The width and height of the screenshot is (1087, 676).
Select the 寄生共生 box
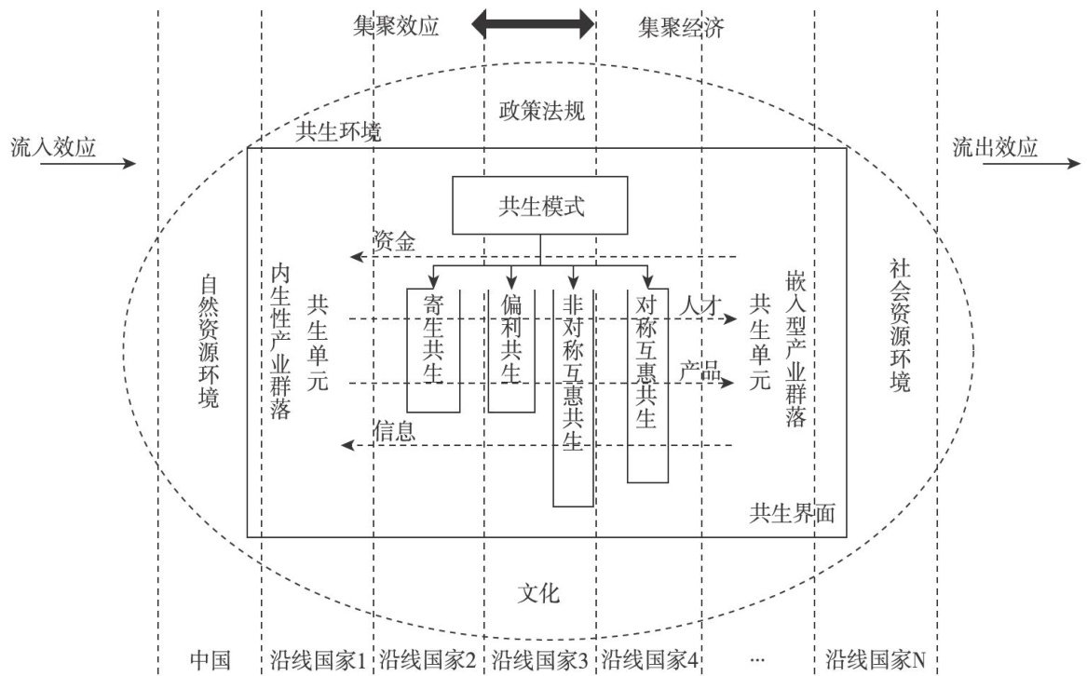(x=433, y=349)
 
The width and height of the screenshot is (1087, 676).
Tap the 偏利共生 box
(x=511, y=349)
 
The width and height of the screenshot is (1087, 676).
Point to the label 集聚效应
(x=395, y=27)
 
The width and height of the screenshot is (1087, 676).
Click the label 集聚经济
(x=681, y=27)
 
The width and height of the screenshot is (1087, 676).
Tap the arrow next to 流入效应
(x=114, y=164)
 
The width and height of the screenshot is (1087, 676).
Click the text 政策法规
(x=540, y=112)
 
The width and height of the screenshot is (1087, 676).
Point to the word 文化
(x=539, y=593)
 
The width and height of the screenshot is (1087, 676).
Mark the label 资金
(x=394, y=241)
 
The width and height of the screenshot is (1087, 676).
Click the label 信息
(x=394, y=431)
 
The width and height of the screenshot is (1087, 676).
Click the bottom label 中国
(x=210, y=660)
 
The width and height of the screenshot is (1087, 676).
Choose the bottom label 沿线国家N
(x=876, y=660)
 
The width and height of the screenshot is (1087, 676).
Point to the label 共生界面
(x=793, y=513)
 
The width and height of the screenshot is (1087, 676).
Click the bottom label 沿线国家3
(x=539, y=660)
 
